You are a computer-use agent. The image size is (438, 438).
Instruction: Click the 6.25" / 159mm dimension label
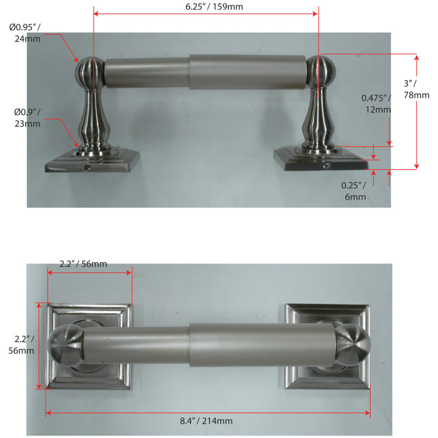[x=214, y=7]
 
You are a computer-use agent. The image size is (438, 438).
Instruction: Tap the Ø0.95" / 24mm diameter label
[x=25, y=33]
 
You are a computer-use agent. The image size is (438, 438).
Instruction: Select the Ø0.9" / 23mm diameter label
[x=27, y=118]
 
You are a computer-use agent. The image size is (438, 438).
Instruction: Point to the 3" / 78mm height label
[x=416, y=89]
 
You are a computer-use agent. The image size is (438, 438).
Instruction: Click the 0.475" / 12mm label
[x=376, y=103]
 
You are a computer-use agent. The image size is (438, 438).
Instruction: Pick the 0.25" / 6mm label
[x=354, y=191]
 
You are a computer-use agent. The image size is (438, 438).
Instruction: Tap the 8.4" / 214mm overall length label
[x=206, y=421]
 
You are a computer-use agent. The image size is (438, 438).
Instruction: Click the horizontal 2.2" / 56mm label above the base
[x=83, y=264]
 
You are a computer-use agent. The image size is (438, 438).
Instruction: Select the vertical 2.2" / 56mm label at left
[x=21, y=345]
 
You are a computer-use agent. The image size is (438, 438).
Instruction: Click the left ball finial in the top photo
[x=90, y=73]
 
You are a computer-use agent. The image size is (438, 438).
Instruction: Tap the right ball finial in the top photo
[x=321, y=72]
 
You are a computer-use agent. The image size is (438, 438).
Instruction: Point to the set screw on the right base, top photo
[x=326, y=166]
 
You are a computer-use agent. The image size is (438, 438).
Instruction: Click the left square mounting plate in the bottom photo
[x=89, y=347]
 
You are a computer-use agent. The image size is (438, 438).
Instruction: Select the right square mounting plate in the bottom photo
[x=327, y=347]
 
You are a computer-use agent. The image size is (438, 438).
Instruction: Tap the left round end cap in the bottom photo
[x=66, y=345]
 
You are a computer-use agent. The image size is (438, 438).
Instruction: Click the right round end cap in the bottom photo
[x=353, y=345]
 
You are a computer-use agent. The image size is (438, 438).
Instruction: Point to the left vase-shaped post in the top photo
[x=93, y=119]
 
